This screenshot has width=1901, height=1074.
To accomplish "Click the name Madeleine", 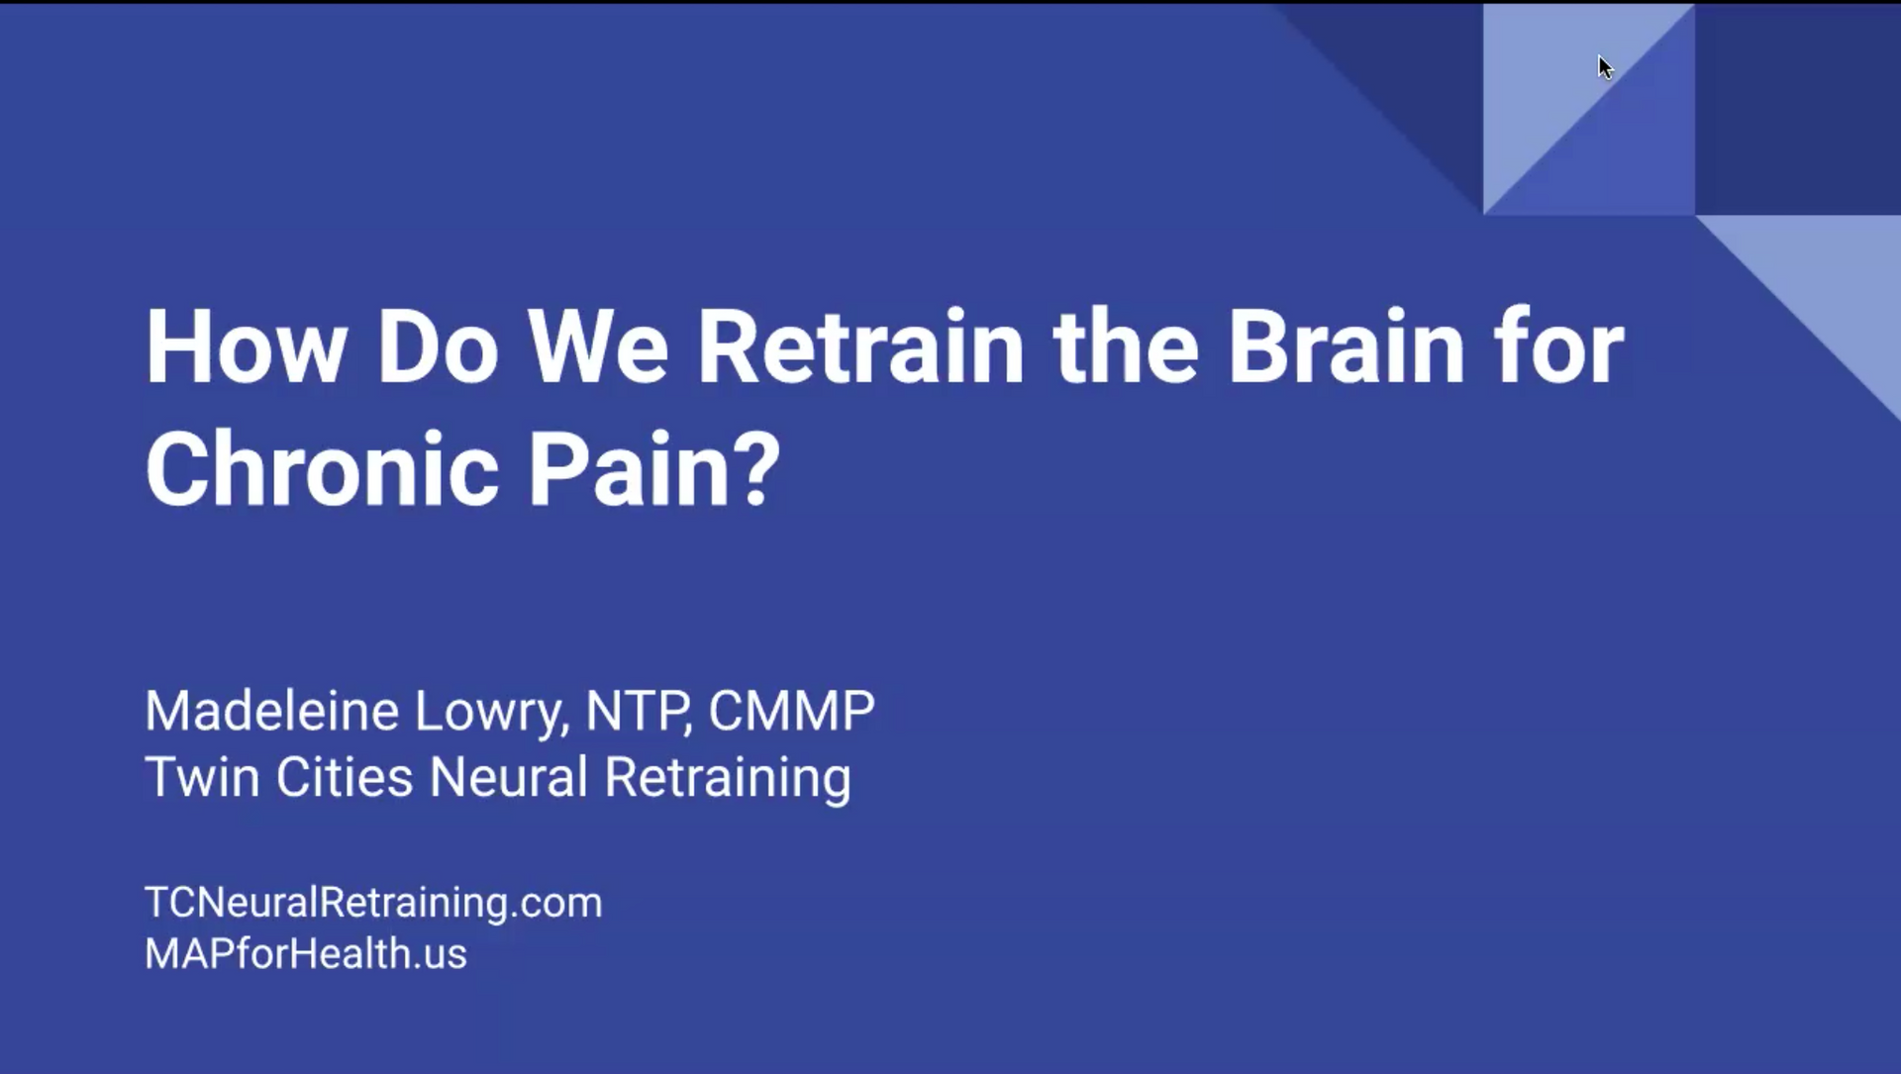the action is (272, 711).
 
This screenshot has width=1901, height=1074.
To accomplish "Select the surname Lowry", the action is (492, 713).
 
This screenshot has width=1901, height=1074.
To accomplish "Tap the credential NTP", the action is (639, 711).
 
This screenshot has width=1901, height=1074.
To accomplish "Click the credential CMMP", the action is (792, 711).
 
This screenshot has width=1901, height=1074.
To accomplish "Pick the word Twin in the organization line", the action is (202, 776).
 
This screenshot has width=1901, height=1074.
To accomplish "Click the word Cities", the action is (344, 776).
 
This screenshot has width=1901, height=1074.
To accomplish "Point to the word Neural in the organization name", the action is (509, 776).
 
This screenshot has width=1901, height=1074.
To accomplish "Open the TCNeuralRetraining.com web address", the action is (373, 903).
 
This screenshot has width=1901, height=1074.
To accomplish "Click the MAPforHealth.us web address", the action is (306, 953).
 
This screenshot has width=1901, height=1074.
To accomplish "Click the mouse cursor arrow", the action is (1605, 66).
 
